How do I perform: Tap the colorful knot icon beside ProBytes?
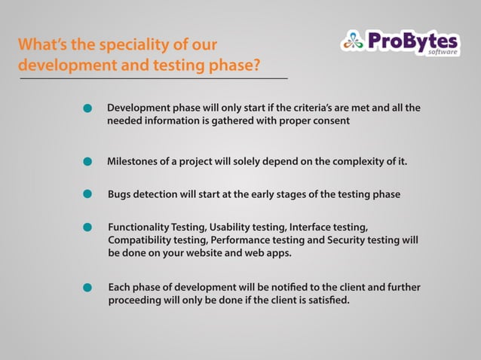352,41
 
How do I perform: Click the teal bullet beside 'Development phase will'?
87,110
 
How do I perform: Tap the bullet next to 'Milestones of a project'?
87,161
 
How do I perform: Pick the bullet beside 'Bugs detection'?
87,194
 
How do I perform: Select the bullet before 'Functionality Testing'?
87,227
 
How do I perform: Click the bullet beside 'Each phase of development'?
87,288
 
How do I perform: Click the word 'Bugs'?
121,194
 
